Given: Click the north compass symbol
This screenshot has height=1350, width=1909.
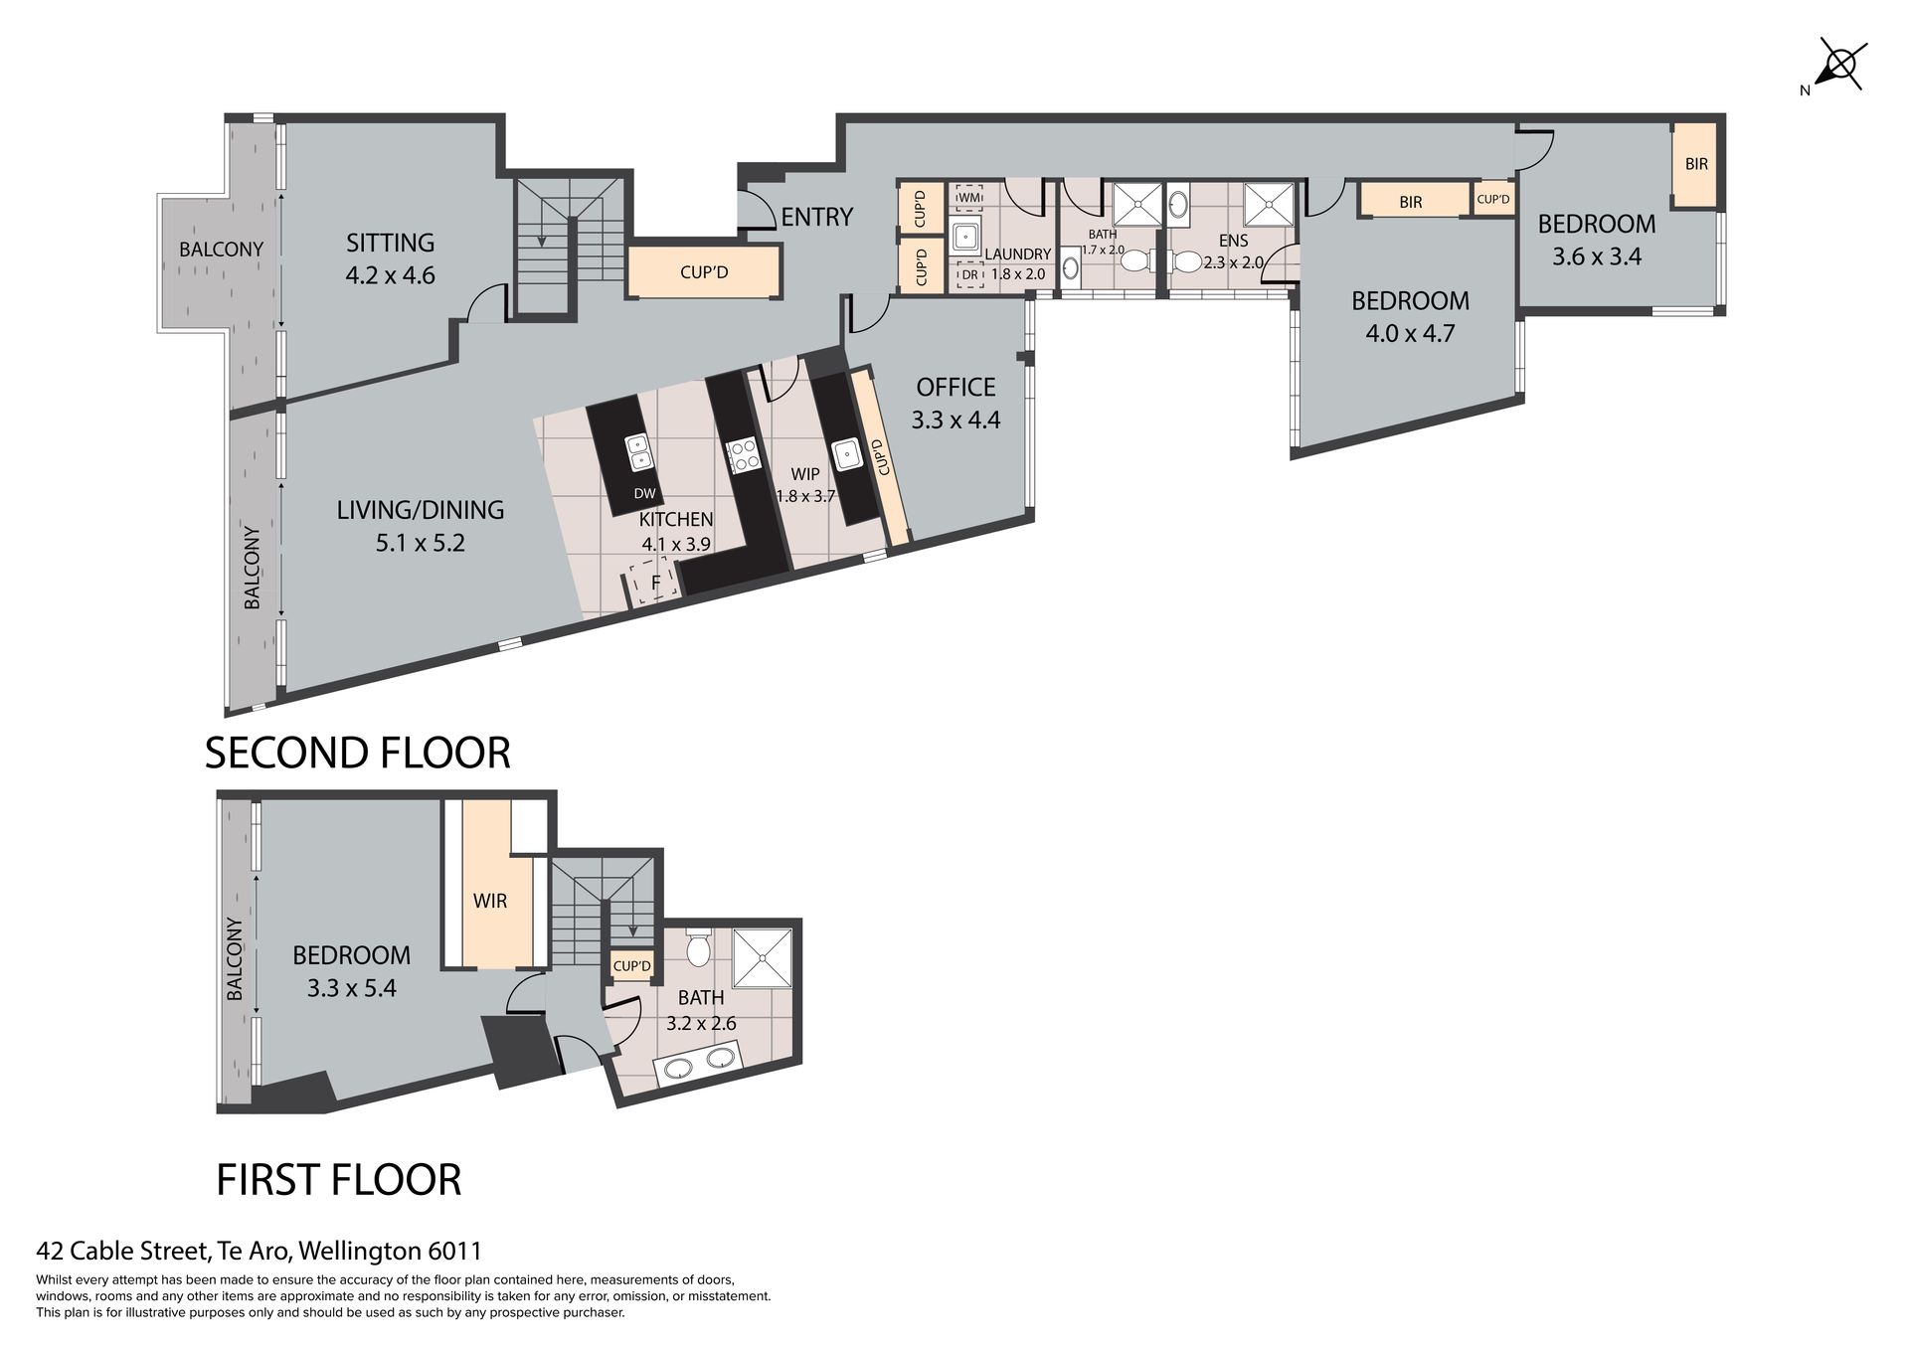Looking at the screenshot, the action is (x=1840, y=66).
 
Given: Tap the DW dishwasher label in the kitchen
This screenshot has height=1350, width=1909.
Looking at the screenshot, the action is (x=644, y=493).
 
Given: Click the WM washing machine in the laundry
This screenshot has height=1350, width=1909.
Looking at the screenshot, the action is (x=968, y=197).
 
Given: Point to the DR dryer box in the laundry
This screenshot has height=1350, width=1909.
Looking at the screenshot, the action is (x=968, y=275).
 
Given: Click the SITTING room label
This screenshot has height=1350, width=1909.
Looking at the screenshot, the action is (x=390, y=243).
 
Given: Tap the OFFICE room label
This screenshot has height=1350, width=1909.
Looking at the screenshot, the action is (x=955, y=387).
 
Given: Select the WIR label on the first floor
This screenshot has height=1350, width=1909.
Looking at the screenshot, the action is (x=490, y=901).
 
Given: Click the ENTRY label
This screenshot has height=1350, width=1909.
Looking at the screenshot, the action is (x=817, y=217).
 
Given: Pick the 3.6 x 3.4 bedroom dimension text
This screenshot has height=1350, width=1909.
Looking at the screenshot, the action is (x=1597, y=256).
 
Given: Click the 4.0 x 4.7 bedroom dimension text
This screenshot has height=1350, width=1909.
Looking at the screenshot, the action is (x=1410, y=333).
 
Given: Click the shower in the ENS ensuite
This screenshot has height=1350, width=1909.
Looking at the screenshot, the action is (x=1269, y=205).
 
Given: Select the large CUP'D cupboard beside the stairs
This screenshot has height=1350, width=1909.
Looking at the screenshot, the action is (x=704, y=271).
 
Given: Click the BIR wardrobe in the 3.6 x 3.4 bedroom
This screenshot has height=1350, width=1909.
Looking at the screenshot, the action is (x=1696, y=164).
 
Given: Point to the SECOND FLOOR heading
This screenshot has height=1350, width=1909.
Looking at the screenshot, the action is (x=357, y=753).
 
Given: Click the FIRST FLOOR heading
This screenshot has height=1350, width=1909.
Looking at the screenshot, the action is (x=339, y=1180).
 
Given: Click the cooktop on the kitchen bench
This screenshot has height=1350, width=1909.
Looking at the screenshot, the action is (x=742, y=456).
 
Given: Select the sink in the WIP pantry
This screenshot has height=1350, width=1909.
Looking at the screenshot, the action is (x=847, y=453).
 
